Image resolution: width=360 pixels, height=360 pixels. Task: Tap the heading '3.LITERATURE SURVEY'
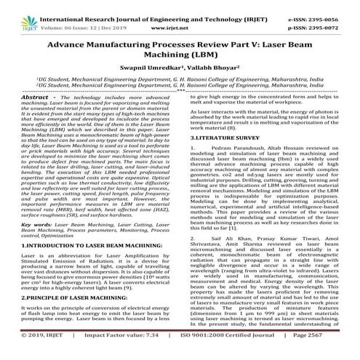click(x=220, y=155)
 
